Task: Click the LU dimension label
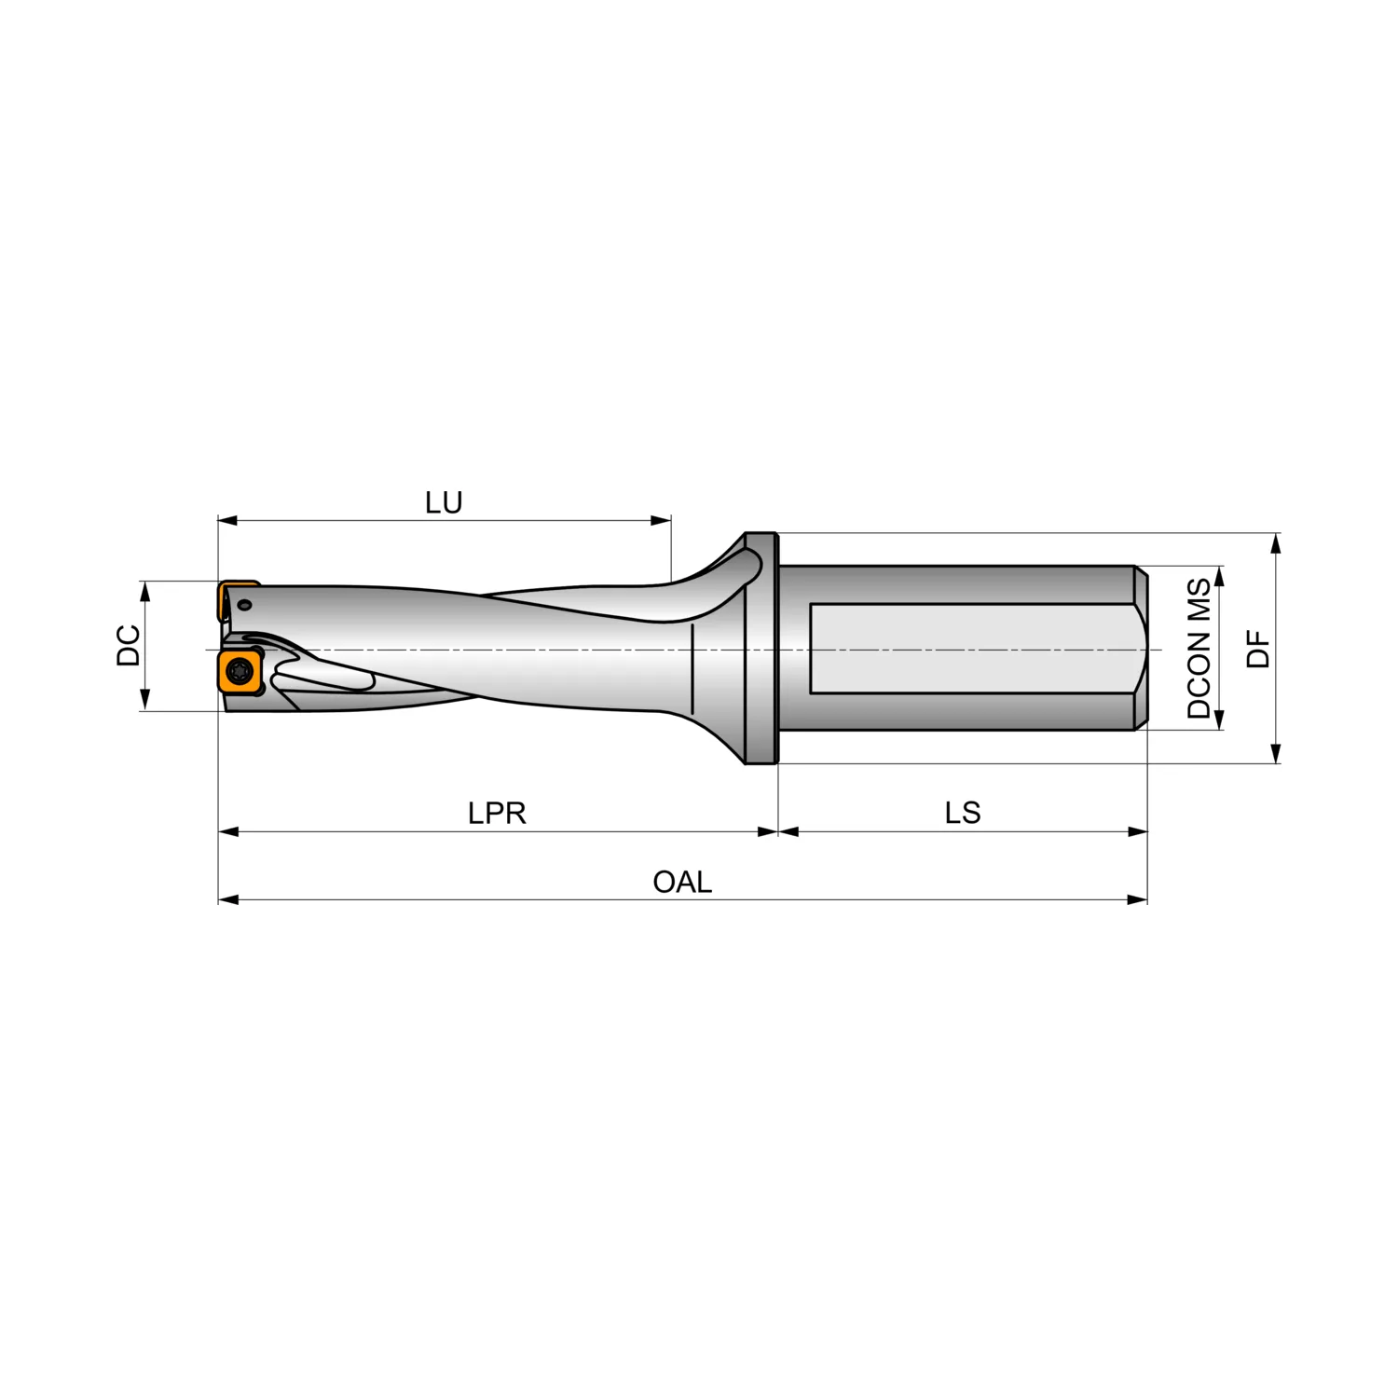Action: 444,503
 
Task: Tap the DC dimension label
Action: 129,646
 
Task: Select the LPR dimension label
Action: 497,814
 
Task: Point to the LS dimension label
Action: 963,814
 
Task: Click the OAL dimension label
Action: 682,882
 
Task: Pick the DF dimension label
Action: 1258,649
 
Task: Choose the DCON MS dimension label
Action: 1199,649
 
